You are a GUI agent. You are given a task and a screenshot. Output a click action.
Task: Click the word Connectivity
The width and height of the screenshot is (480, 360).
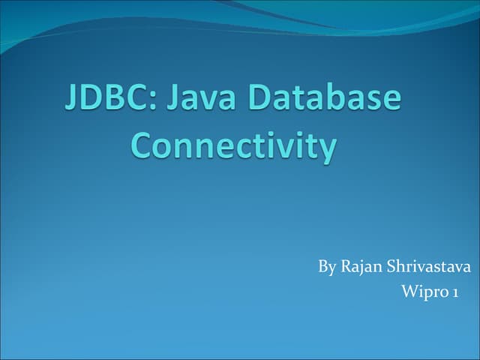click(x=232, y=145)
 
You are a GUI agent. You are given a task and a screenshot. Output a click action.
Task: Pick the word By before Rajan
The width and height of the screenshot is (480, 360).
click(x=327, y=267)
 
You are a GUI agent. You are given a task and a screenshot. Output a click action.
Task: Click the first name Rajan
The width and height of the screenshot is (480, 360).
click(x=362, y=268)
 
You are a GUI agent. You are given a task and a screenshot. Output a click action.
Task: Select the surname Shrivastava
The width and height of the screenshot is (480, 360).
click(x=428, y=267)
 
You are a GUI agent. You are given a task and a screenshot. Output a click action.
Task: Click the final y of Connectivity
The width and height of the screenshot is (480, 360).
click(x=326, y=149)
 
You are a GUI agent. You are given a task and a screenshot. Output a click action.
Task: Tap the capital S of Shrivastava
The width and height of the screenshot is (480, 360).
click(x=391, y=267)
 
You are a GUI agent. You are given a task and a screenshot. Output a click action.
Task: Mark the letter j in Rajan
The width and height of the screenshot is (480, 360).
click(x=363, y=268)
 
